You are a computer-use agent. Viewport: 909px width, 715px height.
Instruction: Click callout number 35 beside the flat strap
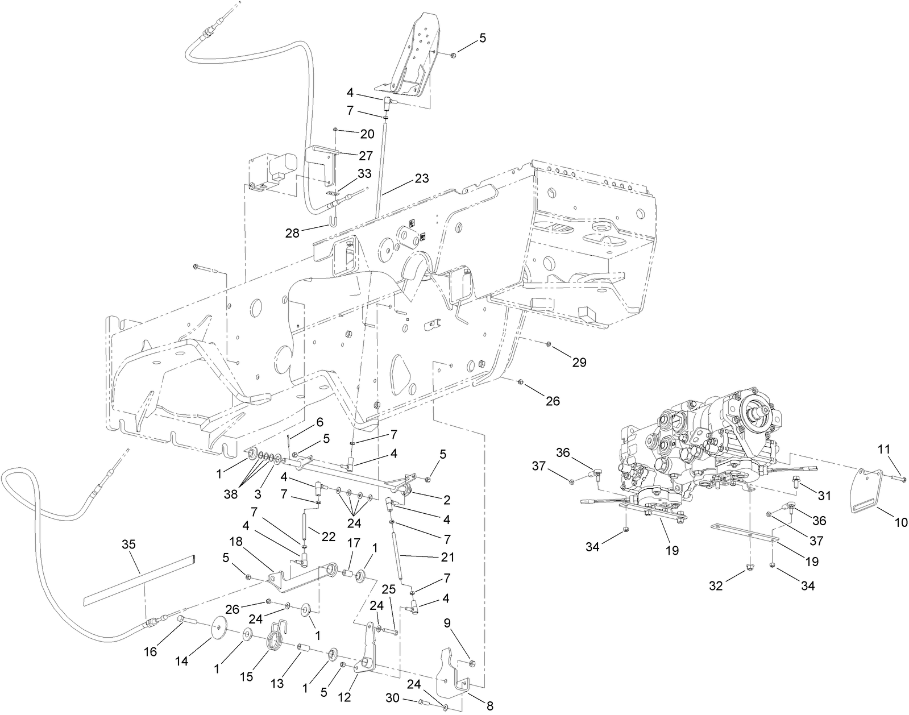coord(129,544)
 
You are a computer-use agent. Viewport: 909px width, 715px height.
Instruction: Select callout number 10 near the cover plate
coord(901,522)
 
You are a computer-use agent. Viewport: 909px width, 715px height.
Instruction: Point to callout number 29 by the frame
coord(579,362)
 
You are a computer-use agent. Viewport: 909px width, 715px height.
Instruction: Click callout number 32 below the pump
coord(715,585)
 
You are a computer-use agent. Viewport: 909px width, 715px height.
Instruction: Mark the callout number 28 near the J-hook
coord(292,233)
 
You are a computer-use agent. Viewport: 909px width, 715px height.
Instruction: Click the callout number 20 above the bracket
coord(367,134)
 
